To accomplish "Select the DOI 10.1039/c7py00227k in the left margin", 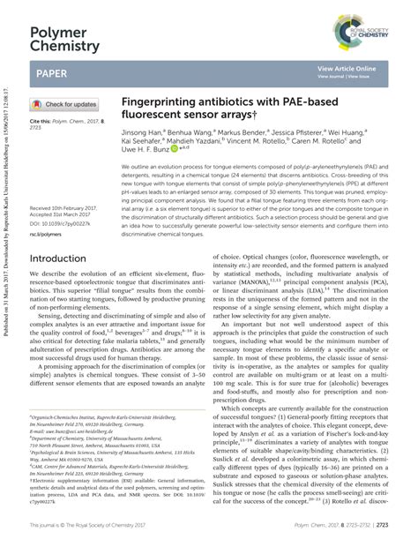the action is point(63,199).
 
